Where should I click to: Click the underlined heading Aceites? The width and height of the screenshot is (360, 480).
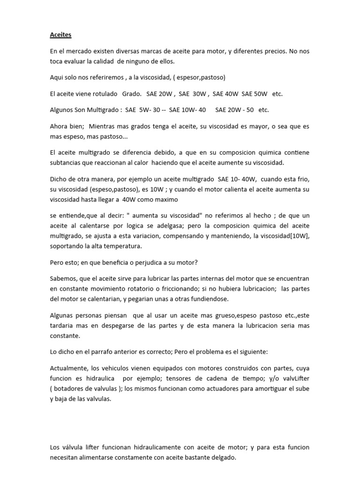[60, 35]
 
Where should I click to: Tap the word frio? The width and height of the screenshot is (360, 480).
[302, 180]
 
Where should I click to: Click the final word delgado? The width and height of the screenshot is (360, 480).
[224, 457]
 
